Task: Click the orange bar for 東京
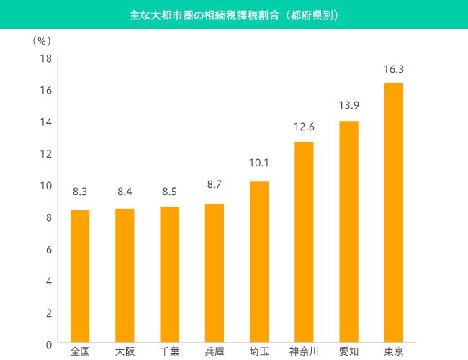(x=393, y=212)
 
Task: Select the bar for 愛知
(x=348, y=231)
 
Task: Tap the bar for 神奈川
(x=304, y=242)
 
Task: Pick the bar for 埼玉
(x=259, y=262)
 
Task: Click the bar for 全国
(x=80, y=276)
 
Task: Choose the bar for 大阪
(x=125, y=276)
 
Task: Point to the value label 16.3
(x=393, y=70)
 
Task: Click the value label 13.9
(x=348, y=106)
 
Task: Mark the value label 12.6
(x=304, y=127)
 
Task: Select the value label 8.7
(x=215, y=185)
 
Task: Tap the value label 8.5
(x=169, y=192)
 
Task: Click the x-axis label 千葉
(x=169, y=351)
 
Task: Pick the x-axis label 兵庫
(x=215, y=351)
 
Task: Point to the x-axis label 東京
(x=393, y=351)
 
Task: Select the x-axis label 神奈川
(x=304, y=351)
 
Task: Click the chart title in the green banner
(x=234, y=14)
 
